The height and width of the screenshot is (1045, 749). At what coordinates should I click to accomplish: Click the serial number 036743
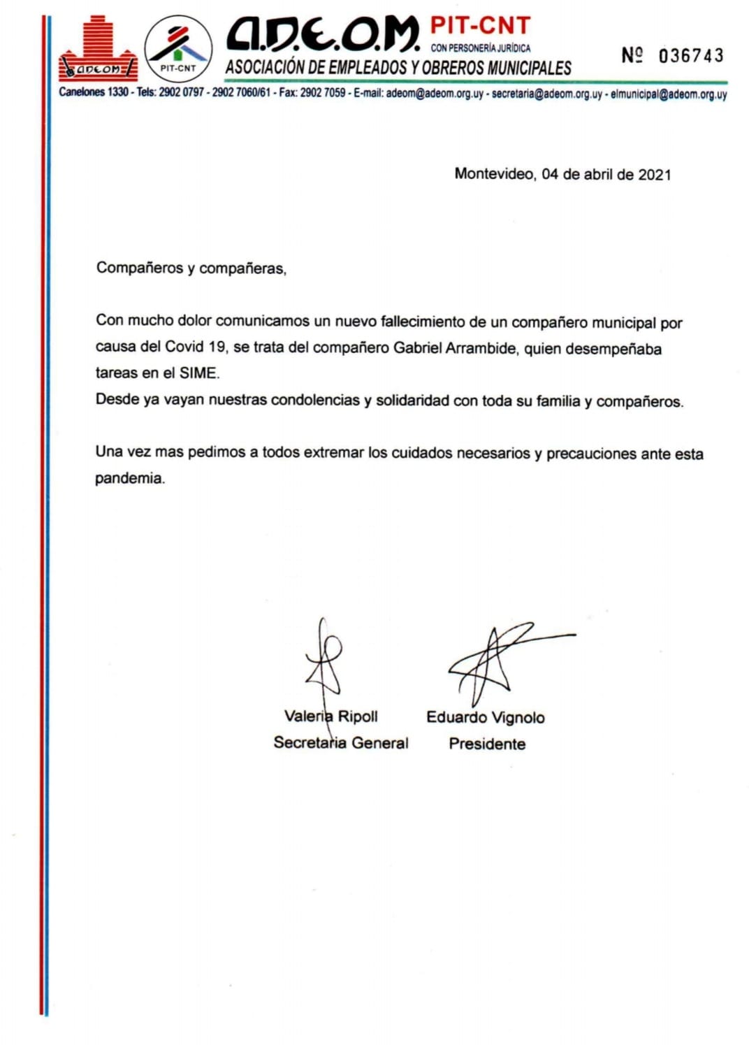[690, 56]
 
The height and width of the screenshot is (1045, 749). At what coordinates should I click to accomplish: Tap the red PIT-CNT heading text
[480, 26]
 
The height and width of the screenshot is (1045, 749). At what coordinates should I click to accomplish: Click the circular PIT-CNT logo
[178, 48]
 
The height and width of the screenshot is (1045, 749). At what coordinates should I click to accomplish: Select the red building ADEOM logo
[99, 50]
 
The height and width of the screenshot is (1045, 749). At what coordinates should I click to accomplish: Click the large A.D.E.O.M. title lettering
[322, 34]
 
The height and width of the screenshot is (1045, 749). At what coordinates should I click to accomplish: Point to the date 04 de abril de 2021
[606, 174]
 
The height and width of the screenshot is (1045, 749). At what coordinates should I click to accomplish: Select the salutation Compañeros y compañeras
[191, 268]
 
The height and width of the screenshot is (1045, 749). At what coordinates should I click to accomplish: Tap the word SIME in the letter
[198, 373]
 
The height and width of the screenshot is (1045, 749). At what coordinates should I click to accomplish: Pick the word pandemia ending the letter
[129, 479]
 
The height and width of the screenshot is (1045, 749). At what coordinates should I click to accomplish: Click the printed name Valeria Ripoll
[330, 716]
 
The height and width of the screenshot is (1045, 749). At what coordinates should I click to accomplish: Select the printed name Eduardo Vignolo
[486, 717]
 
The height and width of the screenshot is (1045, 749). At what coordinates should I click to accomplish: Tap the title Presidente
[487, 744]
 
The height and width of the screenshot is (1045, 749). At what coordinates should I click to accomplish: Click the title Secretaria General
[341, 742]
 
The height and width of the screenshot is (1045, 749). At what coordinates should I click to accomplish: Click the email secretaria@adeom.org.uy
[546, 94]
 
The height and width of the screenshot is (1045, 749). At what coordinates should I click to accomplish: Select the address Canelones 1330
[94, 92]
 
